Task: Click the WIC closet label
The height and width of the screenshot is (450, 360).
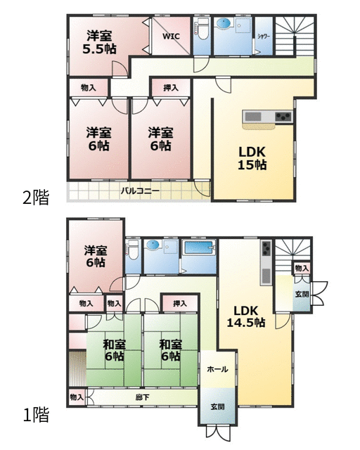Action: click(171, 37)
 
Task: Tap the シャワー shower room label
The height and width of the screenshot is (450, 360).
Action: click(264, 36)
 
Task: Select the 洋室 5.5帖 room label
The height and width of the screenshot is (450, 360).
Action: click(99, 43)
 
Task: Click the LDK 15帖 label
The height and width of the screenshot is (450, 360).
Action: click(252, 158)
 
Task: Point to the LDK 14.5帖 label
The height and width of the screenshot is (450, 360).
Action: click(246, 316)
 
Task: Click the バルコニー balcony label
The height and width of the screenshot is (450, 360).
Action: click(140, 191)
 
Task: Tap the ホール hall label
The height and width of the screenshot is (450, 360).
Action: click(217, 369)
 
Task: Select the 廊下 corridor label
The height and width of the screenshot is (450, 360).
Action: click(143, 397)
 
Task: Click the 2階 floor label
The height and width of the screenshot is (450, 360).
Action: click(36, 198)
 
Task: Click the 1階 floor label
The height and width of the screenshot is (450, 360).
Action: click(36, 415)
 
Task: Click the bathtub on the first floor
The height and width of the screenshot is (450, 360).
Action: click(200, 247)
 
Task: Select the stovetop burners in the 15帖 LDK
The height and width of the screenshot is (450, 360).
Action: click(283, 117)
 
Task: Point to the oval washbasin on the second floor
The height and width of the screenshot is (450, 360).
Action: click(224, 23)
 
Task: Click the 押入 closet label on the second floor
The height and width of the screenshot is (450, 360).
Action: click(171, 88)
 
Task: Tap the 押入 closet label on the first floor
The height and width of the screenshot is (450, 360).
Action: click(180, 303)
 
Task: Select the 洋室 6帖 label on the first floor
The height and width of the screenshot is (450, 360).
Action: click(96, 256)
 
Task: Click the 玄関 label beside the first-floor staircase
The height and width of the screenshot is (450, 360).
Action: click(302, 294)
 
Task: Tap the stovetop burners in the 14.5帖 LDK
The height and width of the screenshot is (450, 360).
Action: click(266, 248)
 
